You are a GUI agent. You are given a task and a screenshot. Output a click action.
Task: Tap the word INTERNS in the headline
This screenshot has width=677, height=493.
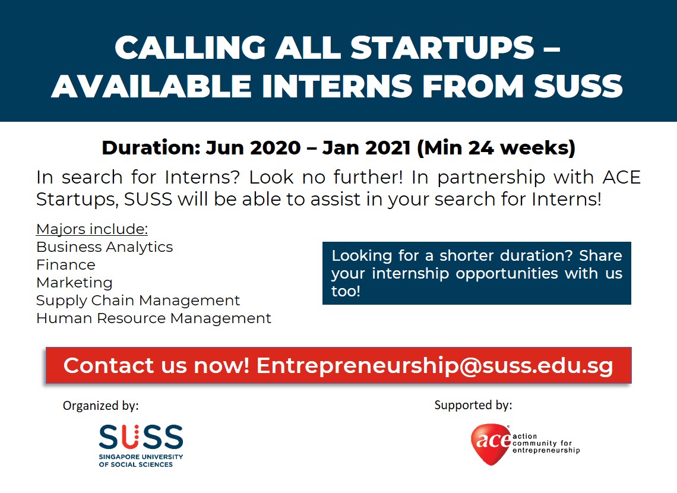[337, 86]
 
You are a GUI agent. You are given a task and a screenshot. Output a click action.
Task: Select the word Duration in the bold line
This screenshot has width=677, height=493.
[151, 148]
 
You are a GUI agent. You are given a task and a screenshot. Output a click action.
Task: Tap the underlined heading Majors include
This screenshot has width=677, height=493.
[92, 229]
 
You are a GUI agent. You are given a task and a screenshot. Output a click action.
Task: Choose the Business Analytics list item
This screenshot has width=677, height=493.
[105, 247]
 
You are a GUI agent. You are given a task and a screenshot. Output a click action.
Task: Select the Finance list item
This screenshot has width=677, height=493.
[66, 265]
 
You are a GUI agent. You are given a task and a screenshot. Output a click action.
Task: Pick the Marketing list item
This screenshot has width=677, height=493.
[74, 282]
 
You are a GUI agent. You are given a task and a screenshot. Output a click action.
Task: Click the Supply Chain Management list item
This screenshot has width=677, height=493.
[138, 300]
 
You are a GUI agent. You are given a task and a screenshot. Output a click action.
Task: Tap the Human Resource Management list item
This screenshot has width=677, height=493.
[154, 318]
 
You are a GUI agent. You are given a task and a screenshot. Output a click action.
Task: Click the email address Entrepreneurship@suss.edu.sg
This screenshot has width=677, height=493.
[435, 366]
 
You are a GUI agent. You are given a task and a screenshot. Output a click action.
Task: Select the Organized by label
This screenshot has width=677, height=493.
[100, 406]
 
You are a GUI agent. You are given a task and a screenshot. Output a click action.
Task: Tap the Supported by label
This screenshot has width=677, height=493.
[473, 405]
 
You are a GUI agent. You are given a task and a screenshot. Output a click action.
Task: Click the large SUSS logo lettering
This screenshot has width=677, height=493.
[141, 437]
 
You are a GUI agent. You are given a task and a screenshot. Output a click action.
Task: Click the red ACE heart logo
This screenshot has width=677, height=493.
[491, 444]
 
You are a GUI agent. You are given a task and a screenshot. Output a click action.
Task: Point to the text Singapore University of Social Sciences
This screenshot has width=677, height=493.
[141, 460]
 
